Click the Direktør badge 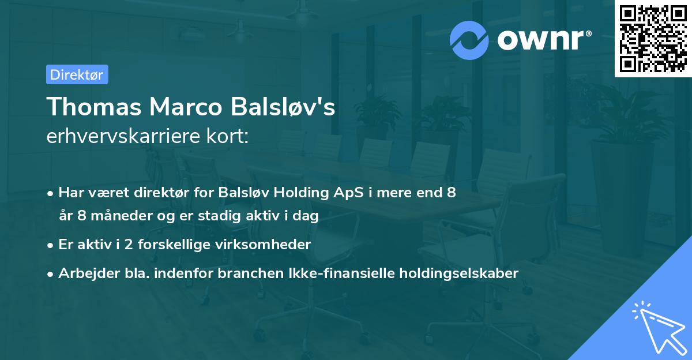point(77,74)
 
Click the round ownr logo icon point(469,40)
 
